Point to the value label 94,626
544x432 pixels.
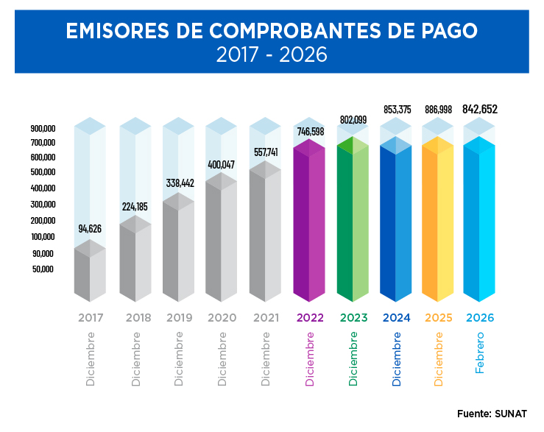pyautogui.click(x=90, y=229)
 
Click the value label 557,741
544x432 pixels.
pyautogui.click(x=265, y=152)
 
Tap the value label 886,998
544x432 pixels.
pyautogui.click(x=439, y=110)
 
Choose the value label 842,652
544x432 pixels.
pyautogui.click(x=480, y=109)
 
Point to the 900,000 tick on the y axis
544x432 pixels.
pyautogui.click(x=43, y=128)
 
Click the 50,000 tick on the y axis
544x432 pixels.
pyautogui.click(x=43, y=269)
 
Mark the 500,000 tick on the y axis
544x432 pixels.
pyautogui.click(x=43, y=172)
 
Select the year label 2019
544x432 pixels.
pyautogui.click(x=179, y=318)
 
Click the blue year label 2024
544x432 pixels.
pyautogui.click(x=397, y=318)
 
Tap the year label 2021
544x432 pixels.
pyautogui.click(x=265, y=318)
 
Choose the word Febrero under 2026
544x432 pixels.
pyautogui.click(x=480, y=353)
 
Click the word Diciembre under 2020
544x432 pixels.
pyautogui.click(x=222, y=359)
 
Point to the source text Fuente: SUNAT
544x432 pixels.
pyautogui.click(x=492, y=414)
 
